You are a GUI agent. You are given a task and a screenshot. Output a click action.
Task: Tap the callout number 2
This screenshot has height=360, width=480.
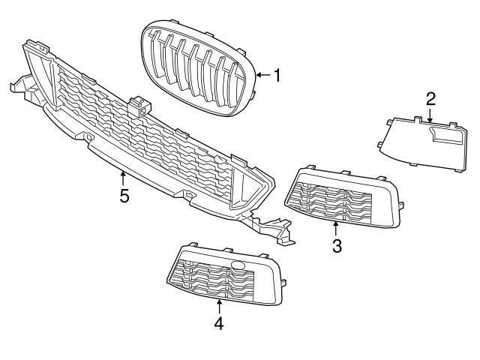[430, 98]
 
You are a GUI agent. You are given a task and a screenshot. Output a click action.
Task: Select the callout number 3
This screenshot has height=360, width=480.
[337, 245]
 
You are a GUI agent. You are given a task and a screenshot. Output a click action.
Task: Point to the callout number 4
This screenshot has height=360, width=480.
[219, 323]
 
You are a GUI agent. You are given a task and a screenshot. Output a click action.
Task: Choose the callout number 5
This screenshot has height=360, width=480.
[124, 196]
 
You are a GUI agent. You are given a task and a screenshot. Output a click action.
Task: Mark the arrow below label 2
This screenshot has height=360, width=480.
[430, 114]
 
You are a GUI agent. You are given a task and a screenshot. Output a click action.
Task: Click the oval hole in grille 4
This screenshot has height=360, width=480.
[238, 265]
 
